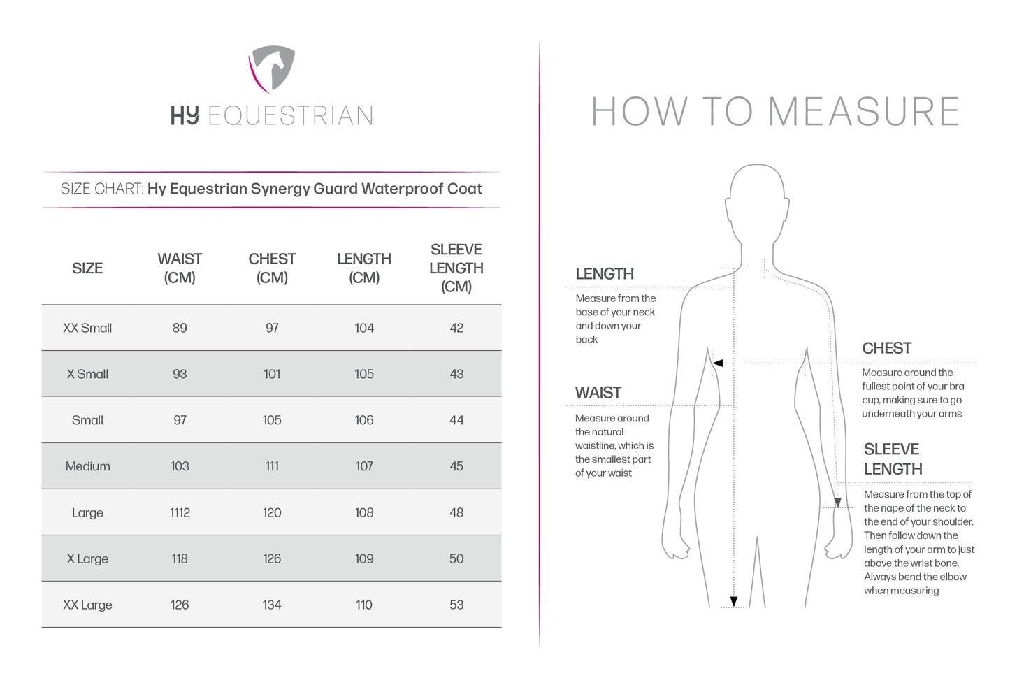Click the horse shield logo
tap(272, 69)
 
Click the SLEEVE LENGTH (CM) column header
tap(456, 268)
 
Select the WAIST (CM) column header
tap(180, 268)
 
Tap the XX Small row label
tap(87, 328)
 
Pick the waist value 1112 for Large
tap(180, 512)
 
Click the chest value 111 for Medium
tap(272, 466)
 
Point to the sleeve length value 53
tap(456, 605)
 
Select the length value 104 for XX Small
tap(364, 328)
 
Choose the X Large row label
tap(87, 558)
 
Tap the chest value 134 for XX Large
tap(272, 605)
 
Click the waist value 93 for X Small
tap(180, 374)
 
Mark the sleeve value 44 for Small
tap(456, 420)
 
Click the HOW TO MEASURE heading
tap(775, 112)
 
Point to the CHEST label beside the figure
tap(886, 348)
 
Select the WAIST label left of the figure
tap(598, 393)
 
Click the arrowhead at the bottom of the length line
tap(733, 601)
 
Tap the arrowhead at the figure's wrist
tap(837, 503)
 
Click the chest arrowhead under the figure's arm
tap(716, 363)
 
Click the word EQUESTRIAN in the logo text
tap(290, 116)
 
